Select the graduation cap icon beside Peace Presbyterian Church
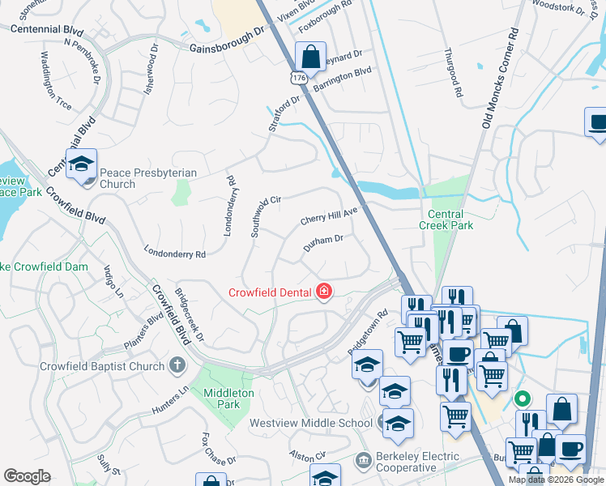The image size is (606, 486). (x=82, y=165)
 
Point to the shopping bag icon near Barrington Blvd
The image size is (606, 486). (x=310, y=58)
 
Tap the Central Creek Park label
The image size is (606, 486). (x=446, y=220)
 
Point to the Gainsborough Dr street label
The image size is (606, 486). (x=228, y=45)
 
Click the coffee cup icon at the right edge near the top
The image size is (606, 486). (x=597, y=124)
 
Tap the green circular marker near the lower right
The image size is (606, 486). (x=523, y=399)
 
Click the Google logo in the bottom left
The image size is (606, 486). (x=27, y=476)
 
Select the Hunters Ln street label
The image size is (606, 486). (x=169, y=400)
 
